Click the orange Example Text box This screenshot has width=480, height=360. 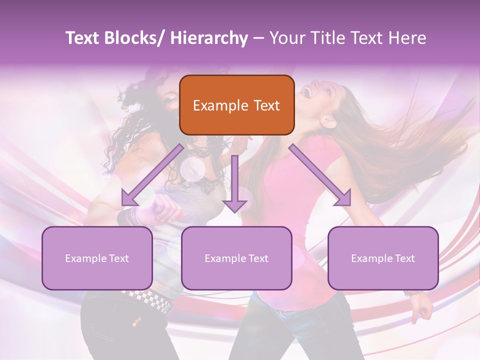click(x=236, y=105)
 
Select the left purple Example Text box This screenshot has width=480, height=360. click(x=97, y=258)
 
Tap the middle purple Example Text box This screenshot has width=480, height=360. click(x=236, y=258)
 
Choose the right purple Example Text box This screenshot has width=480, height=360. click(x=383, y=258)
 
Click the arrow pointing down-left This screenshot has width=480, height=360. click(x=152, y=175)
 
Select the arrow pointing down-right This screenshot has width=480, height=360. click(x=320, y=175)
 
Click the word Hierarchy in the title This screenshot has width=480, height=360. click(x=209, y=38)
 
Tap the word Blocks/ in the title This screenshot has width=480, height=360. click(x=137, y=38)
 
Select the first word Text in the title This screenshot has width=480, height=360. click(x=83, y=38)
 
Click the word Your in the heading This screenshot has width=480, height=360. click(x=286, y=38)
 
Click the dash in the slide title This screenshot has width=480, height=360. click(x=258, y=38)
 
